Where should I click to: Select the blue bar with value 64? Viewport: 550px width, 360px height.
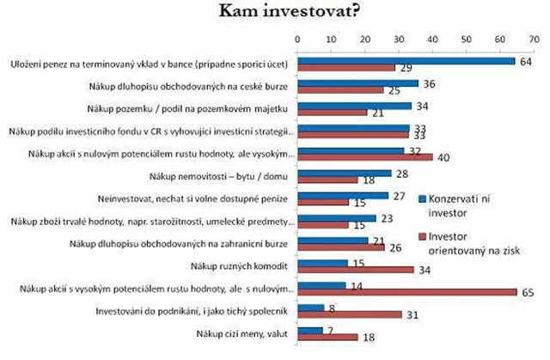[x=405, y=61]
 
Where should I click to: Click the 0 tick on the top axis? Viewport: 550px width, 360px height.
[x=297, y=39]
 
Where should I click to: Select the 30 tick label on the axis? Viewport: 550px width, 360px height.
[x=398, y=39]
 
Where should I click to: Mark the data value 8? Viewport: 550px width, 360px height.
[x=332, y=307]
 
